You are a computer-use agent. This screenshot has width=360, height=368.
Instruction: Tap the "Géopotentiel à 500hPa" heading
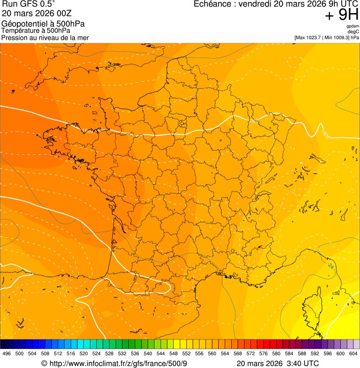pyautogui.click(x=43, y=23)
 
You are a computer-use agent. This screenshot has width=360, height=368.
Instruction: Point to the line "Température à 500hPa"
pyautogui.click(x=36, y=30)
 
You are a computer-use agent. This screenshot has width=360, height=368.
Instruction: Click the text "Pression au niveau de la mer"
pyautogui.click(x=45, y=37)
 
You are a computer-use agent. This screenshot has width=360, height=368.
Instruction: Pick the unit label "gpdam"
pyautogui.click(x=353, y=27)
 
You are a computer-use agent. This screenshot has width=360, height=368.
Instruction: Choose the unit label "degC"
pyautogui.click(x=353, y=32)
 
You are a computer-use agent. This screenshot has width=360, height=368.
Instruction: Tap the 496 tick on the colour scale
pyautogui.click(x=7, y=353)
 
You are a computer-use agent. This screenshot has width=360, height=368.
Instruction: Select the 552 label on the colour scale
pyautogui.click(x=186, y=353)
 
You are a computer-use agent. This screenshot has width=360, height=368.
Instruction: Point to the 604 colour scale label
pyautogui.click(x=353, y=353)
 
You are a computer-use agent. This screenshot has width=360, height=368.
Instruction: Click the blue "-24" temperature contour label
pyautogui.click(x=331, y=266)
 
